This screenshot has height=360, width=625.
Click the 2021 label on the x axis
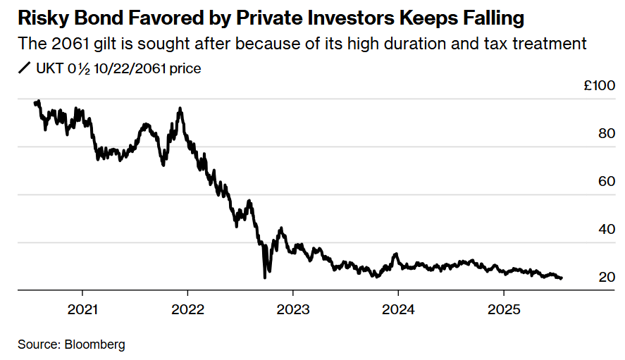tap(82, 309)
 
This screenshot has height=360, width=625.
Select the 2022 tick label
tap(187, 309)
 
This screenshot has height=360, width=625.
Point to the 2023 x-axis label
tap(292, 309)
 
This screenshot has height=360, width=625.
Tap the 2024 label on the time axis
tap(398, 309)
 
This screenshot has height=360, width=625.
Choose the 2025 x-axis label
tap(503, 309)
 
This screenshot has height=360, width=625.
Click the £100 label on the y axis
tap(599, 85)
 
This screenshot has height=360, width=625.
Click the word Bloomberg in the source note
tap(95, 345)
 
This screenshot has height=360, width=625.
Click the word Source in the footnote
tap(38, 345)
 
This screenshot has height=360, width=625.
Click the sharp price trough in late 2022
tap(265, 278)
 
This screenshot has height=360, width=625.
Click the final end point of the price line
tap(562, 278)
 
